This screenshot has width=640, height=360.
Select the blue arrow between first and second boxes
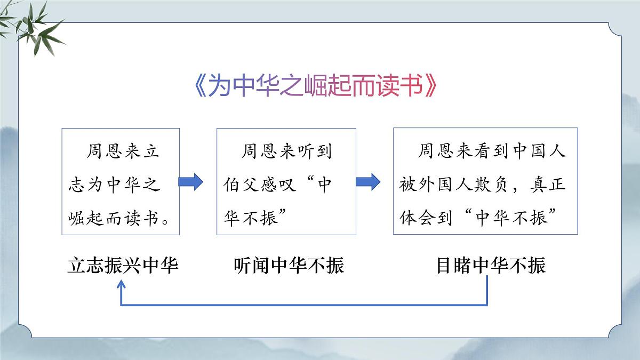point(190,182)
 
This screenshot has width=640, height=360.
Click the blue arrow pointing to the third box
point(368,182)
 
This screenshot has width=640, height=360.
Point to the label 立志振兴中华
point(123,266)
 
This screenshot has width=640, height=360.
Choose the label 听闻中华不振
point(289,266)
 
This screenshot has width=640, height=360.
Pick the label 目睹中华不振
point(491,266)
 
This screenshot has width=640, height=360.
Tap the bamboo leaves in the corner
point(35,27)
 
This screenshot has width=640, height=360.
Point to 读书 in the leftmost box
point(141,218)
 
